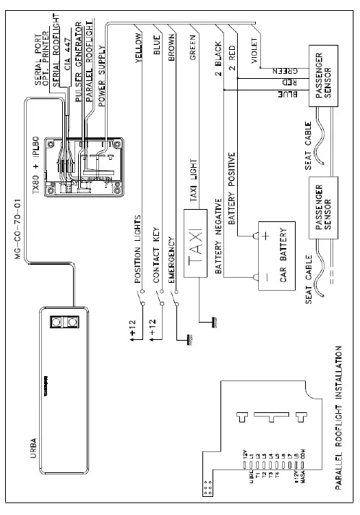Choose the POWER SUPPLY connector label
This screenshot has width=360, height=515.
101,76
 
